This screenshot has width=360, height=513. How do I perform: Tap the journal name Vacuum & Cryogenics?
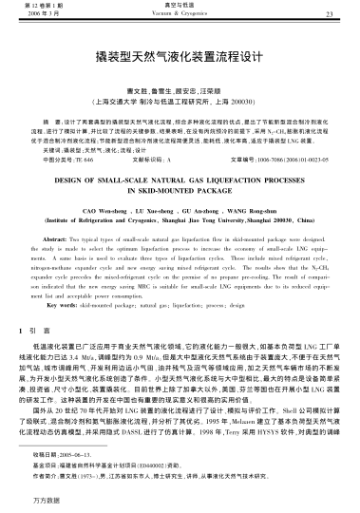pos(180,18)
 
